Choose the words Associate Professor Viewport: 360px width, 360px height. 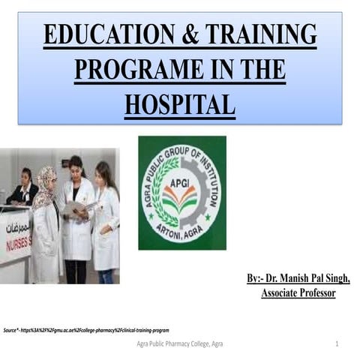tap(298, 293)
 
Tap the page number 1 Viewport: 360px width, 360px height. tap(337, 343)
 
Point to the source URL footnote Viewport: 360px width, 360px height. tap(86, 330)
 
